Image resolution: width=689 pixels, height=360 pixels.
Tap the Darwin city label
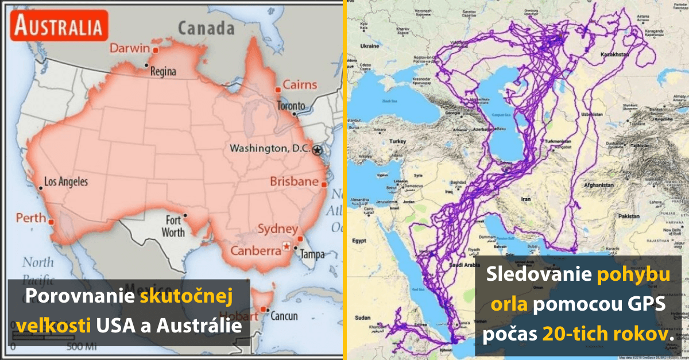130,48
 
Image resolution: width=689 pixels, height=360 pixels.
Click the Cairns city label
300,85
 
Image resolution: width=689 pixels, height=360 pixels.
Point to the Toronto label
291,106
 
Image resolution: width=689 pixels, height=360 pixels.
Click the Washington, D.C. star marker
318,149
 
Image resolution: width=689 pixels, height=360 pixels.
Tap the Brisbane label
294,182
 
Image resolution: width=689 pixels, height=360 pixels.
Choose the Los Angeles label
66,182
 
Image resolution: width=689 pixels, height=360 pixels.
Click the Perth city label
30,218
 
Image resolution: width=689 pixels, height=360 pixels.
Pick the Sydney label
278,229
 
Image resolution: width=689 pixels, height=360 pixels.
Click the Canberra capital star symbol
286,247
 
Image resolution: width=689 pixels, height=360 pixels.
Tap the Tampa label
313,254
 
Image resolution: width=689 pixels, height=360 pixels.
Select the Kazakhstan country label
614,55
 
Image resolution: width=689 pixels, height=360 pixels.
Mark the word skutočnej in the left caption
185,297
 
